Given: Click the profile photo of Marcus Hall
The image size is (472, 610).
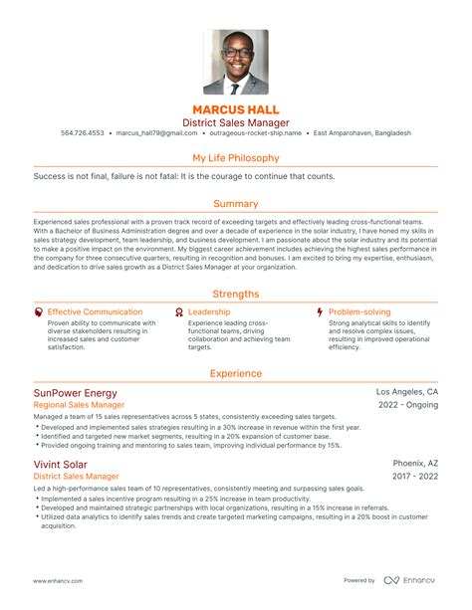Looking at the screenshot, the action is (235, 62).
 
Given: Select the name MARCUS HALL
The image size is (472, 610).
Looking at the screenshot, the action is (236, 108).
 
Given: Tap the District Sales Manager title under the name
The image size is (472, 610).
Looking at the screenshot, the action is (236, 122).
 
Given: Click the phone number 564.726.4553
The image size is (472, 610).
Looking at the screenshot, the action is (83, 133).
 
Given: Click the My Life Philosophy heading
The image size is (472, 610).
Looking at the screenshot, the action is (236, 157).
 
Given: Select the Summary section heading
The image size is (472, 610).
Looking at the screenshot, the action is (236, 203).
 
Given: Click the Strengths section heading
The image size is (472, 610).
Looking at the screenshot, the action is (236, 294).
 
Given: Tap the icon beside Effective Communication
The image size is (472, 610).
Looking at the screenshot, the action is (38, 311).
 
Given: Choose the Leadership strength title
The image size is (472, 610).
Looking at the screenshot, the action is (209, 311).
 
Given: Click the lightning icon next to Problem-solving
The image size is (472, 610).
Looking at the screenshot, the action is (319, 311).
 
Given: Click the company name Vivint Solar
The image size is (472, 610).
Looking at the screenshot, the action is (60, 464).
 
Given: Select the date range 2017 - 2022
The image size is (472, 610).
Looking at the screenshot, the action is (415, 478).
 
